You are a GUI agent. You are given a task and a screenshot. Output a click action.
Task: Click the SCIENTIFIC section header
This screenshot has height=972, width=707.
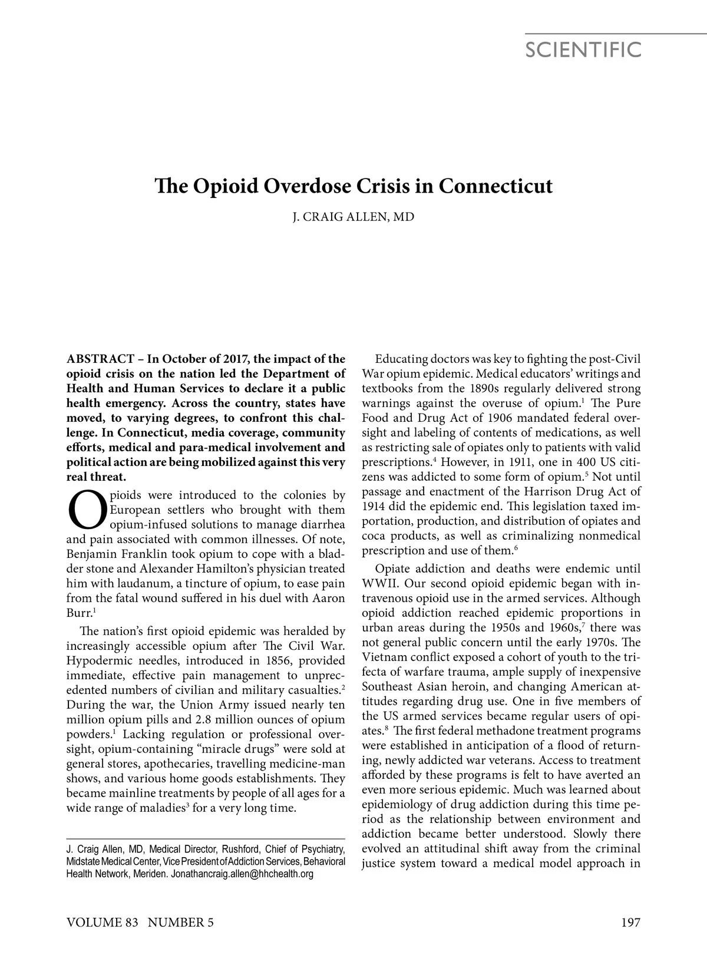(583, 50)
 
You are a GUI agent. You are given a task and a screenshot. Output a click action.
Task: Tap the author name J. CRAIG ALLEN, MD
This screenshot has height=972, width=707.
(353, 217)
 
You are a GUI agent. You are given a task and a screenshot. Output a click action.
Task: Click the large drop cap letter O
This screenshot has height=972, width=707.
(87, 510)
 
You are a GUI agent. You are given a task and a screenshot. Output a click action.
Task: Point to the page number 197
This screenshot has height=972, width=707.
(630, 923)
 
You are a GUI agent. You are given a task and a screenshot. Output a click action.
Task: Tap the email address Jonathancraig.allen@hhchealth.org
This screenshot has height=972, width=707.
(242, 874)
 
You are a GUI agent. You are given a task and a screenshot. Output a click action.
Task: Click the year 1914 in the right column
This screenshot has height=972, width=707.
(372, 507)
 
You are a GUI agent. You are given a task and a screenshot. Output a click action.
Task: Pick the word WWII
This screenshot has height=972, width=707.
(378, 584)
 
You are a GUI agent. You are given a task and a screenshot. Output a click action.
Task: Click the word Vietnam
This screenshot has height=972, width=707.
(386, 657)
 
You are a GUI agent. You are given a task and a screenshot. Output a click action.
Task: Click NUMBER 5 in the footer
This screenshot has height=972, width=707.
(181, 923)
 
